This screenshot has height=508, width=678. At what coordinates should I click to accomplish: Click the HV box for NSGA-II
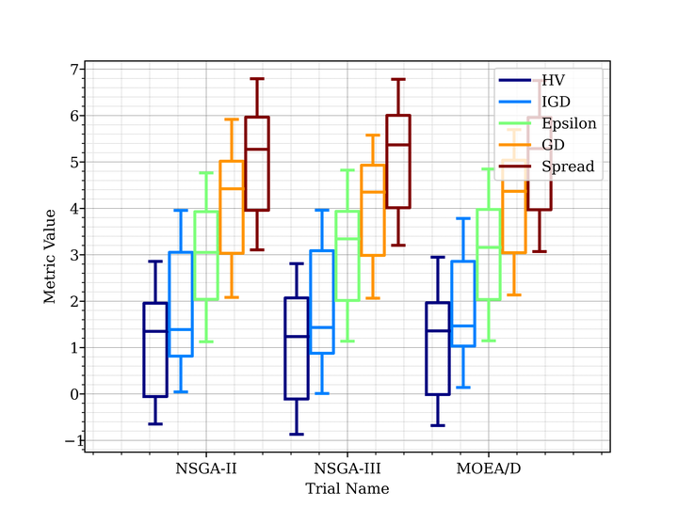tap(155, 350)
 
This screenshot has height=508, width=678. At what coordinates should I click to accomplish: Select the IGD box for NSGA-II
tap(181, 304)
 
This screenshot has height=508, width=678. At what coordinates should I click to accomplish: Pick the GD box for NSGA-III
tap(373, 211)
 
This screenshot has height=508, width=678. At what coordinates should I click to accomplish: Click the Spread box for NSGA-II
tap(257, 164)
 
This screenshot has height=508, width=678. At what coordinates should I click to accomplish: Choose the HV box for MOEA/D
tap(438, 348)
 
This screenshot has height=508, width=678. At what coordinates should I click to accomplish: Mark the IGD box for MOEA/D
tap(463, 303)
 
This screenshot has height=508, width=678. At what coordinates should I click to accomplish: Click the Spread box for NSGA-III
tap(398, 161)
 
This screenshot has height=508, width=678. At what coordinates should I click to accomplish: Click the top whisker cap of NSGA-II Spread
tap(257, 79)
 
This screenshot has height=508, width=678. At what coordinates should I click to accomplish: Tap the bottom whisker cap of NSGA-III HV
tap(297, 434)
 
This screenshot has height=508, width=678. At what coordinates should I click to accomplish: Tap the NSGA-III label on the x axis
tap(347, 468)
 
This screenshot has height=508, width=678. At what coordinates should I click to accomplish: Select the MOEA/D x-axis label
tap(488, 468)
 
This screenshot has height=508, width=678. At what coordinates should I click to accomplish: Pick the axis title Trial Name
tap(347, 488)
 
